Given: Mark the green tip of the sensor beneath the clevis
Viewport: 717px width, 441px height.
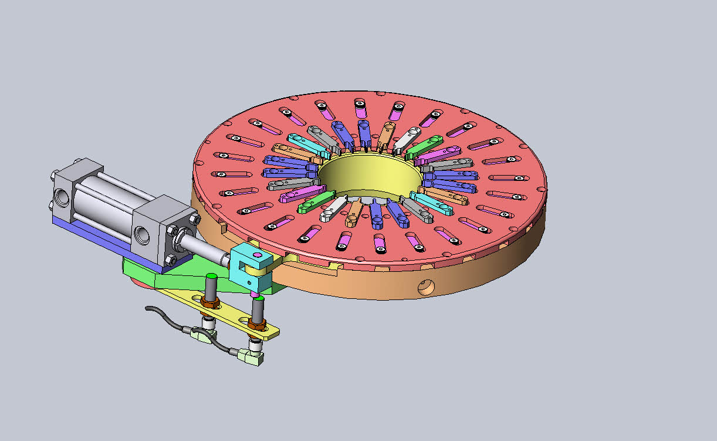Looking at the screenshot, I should (x=259, y=300).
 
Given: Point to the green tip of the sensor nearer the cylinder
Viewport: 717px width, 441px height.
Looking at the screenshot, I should (x=211, y=276).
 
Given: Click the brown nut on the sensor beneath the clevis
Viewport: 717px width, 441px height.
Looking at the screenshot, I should (x=256, y=324).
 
